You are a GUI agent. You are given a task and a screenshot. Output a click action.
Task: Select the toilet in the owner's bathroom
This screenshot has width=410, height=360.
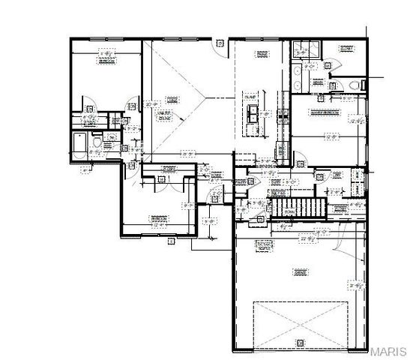click(x=350, y=88)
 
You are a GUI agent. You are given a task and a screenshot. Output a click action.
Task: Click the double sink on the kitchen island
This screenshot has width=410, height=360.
click(x=255, y=115)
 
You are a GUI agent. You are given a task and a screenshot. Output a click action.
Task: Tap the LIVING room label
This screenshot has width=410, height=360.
click(x=172, y=98)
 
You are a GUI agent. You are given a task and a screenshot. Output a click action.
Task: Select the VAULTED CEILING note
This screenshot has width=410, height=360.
click(x=164, y=114)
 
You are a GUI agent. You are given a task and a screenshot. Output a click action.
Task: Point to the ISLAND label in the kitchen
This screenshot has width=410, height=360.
click(x=250, y=96)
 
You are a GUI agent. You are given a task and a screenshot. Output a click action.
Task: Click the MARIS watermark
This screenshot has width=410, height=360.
click(x=389, y=351)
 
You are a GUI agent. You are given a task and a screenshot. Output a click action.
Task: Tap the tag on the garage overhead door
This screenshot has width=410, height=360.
click(x=299, y=343)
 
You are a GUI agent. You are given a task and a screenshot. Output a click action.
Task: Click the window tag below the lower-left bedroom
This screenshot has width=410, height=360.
click(x=171, y=241)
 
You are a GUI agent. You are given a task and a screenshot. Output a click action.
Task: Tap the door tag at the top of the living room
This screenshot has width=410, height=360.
click(x=219, y=43)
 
